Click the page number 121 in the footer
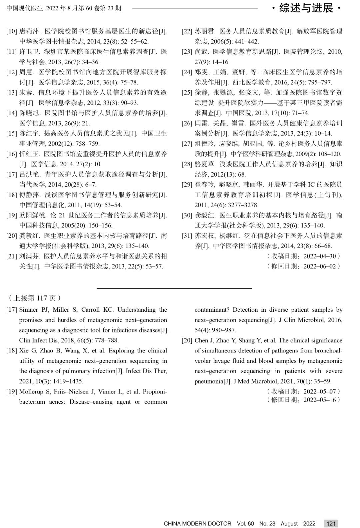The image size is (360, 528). [331, 523]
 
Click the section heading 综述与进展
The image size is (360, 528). [306, 8]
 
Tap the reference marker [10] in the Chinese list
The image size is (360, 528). [11, 32]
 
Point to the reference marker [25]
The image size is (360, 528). [187, 93]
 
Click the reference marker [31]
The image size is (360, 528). [187, 236]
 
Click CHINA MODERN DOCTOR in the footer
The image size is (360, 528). [197, 524]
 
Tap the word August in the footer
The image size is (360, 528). [289, 524]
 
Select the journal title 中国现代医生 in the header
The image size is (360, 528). [25, 8]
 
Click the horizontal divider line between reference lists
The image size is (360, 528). [174, 288]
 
